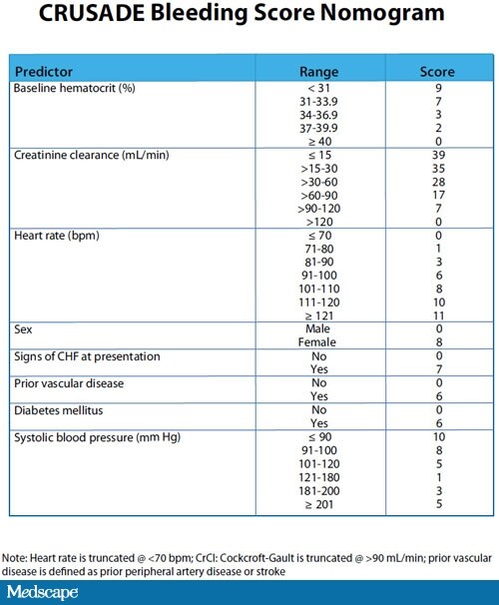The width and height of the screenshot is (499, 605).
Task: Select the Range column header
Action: pos(319,72)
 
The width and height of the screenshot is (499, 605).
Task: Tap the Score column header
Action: pos(436,72)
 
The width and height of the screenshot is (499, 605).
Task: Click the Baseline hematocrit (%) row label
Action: pos(72,89)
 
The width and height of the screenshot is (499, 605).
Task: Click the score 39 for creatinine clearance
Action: pos(436,155)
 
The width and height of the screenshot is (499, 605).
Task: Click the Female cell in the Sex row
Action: pos(319,341)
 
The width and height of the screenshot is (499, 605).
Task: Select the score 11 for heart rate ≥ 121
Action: pos(436,315)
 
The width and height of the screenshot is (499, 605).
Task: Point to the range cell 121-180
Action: pos(319,477)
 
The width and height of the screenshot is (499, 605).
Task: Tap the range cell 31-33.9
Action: pos(319,102)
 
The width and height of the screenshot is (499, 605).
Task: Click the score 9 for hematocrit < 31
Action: pos(436,89)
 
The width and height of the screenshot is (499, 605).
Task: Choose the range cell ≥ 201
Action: pos(319,504)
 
